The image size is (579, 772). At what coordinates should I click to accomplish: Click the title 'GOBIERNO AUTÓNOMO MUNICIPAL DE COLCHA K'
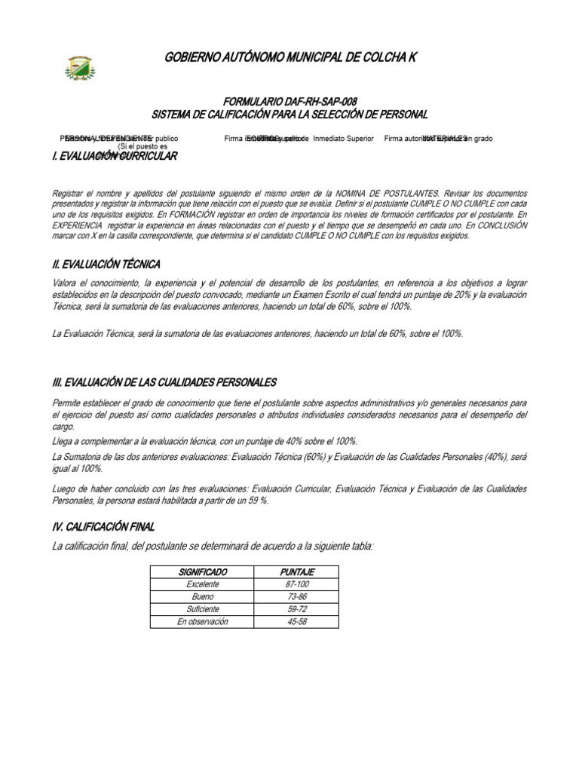[x=289, y=58]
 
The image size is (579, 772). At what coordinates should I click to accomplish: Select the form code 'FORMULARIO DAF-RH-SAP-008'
[x=289, y=102]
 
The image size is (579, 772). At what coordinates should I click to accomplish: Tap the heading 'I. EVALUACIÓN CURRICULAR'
[x=114, y=156]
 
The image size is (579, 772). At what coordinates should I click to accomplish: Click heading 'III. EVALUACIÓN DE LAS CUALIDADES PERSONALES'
[x=164, y=382]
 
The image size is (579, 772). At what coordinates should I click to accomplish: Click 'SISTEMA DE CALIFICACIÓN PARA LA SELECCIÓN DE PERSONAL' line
[x=289, y=114]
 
